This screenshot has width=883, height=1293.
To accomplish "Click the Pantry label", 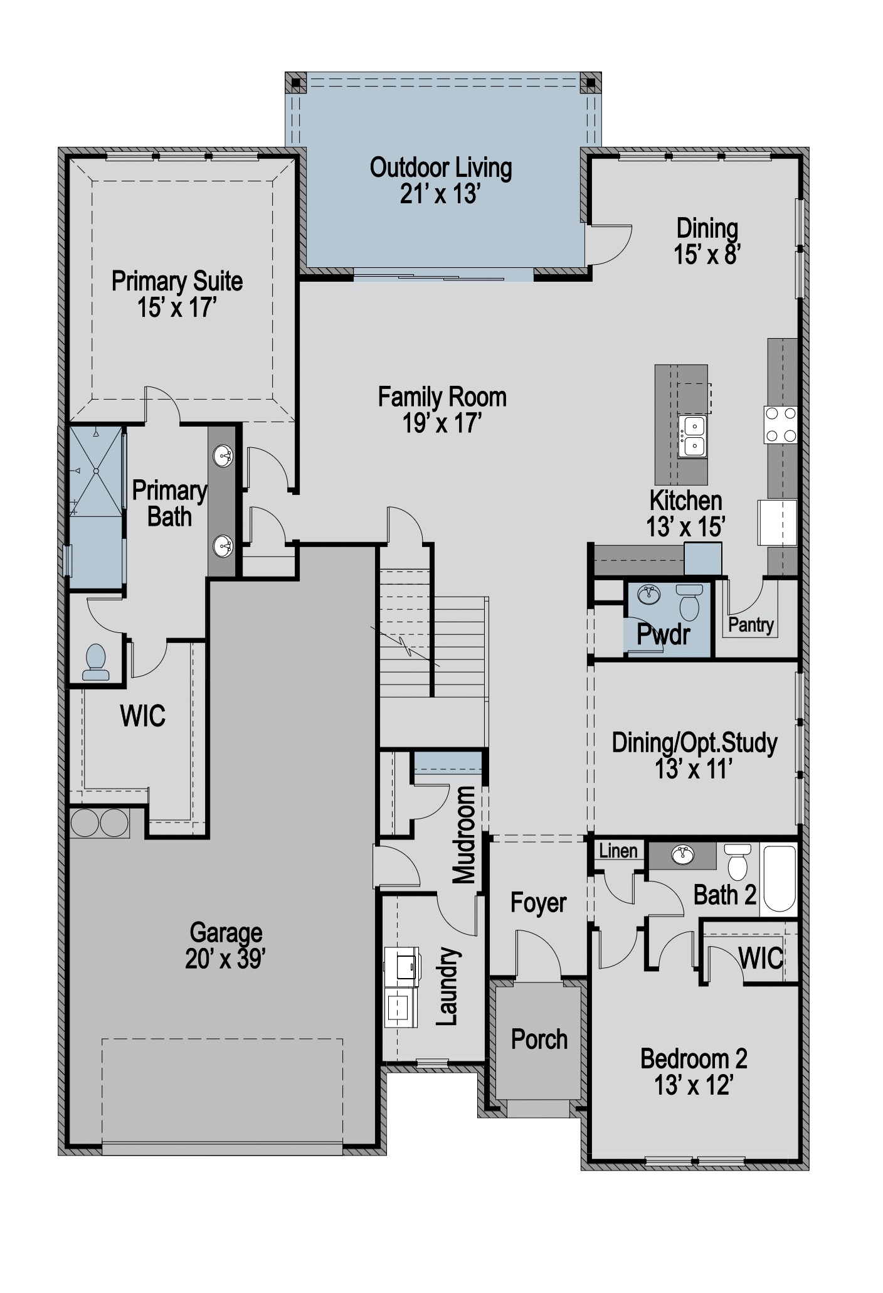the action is pos(751,625).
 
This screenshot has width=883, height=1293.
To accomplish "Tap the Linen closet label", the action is pos(618,851).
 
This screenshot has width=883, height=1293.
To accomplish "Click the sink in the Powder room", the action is pos(648,593).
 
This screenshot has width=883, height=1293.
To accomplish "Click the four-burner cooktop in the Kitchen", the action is pos(780,425).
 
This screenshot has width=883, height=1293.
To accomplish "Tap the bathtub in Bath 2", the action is pos(779,878).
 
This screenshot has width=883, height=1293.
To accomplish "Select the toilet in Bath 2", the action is pos(737,862).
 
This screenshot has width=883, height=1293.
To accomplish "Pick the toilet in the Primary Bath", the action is pos(95,662).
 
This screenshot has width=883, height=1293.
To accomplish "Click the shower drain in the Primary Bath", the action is pos(97,471).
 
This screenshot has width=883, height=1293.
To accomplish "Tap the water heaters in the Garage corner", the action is pos(100,823).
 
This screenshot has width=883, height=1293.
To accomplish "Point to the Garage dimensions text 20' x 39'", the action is pos(226,959).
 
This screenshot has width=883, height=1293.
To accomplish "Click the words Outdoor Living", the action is pos(441,168).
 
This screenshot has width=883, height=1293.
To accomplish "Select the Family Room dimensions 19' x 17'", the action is pos(442,424).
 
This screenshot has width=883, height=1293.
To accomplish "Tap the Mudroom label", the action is pos(464,834).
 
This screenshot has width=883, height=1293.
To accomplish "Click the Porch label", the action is pos(539,1040).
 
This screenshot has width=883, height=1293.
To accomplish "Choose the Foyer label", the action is pos(539,903).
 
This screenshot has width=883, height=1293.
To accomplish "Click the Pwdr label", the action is pos(664,635).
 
